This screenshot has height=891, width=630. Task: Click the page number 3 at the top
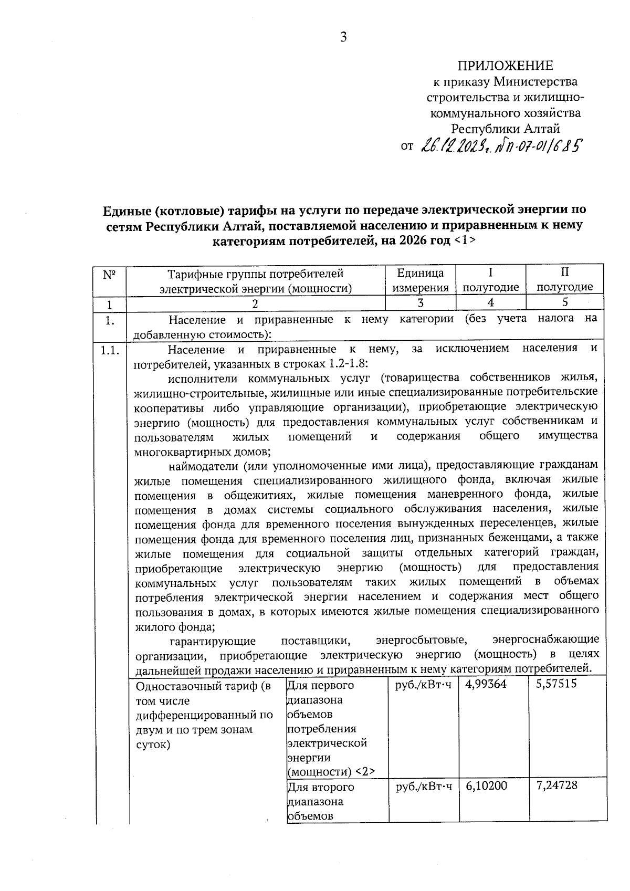[x=343, y=37]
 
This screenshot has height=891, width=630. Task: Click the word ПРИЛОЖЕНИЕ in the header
[x=505, y=66]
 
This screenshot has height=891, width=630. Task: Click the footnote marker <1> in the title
[x=465, y=240]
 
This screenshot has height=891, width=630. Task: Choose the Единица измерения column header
[x=421, y=280]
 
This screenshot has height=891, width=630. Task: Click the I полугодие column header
[x=490, y=280]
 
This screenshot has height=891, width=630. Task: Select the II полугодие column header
[x=564, y=280]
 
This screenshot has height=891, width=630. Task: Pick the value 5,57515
[x=557, y=685]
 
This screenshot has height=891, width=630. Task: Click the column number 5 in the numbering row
[x=565, y=302]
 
